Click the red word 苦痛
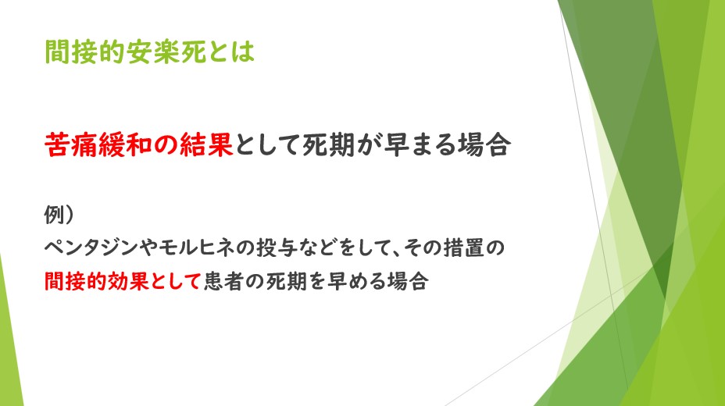point(71,144)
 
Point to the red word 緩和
point(124,144)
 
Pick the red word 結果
point(206,144)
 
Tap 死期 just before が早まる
point(329,144)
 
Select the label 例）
point(59,214)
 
